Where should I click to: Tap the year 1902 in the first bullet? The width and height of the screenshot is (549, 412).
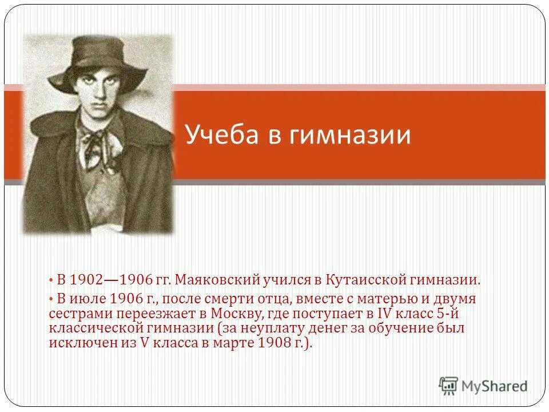click(86, 280)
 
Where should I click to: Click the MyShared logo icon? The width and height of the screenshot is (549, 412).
click(448, 385)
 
